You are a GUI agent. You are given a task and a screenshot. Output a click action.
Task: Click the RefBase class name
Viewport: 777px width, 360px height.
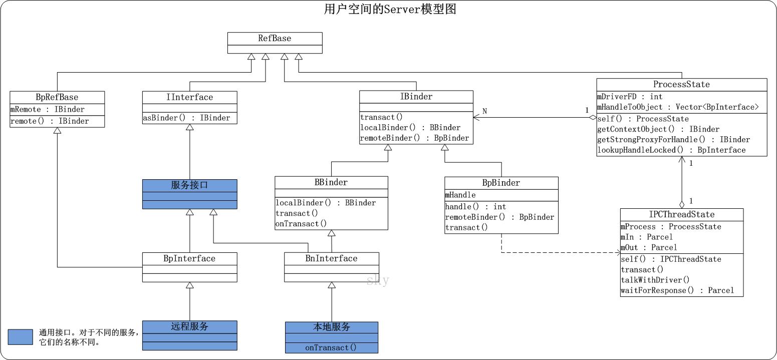275,39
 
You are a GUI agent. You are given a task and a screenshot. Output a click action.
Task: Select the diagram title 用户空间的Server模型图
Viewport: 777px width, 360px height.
390,9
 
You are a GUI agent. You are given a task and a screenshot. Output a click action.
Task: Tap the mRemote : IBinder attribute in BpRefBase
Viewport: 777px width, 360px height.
48,109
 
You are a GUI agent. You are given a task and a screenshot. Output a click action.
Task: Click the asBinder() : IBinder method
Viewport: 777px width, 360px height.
187,118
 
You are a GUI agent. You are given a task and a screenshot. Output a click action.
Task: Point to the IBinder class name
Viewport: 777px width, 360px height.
416,97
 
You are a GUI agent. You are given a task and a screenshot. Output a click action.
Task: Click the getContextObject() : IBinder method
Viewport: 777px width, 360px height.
658,129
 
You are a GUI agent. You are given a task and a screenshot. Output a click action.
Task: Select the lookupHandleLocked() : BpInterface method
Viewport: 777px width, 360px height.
671,150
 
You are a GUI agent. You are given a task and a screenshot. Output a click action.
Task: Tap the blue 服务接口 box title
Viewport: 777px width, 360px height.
189,185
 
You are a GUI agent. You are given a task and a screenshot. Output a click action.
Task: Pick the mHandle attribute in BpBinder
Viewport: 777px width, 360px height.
460,195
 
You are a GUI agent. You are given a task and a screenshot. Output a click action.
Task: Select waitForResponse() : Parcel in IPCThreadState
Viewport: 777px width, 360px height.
677,290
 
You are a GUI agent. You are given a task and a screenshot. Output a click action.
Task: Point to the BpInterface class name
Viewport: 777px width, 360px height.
189,258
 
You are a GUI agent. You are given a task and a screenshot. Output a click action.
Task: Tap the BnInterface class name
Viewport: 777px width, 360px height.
331,258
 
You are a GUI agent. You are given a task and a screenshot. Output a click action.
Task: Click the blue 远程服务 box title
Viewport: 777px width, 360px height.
189,326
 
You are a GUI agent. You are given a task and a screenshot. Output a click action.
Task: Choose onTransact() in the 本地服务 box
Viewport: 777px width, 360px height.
331,347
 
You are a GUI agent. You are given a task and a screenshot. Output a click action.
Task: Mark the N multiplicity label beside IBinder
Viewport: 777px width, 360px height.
484,111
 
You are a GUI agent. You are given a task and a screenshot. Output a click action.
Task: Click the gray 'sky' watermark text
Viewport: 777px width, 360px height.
378,280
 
